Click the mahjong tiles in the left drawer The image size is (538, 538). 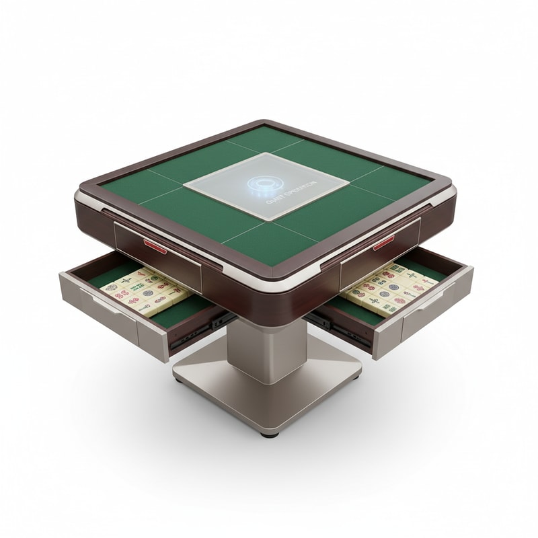145,291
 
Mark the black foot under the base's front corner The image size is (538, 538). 270,434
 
